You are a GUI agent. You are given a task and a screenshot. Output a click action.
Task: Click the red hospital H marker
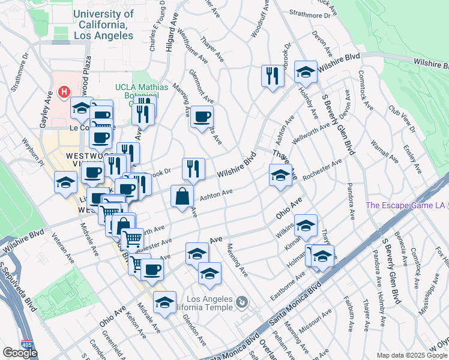click(64, 92)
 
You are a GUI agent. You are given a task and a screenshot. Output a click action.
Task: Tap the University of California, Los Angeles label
click(103, 25)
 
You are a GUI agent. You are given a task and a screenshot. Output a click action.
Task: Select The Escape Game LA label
click(406, 205)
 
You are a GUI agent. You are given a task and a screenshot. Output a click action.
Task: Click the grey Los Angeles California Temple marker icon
click(241, 302)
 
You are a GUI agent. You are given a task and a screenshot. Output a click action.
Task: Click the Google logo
click(20, 353)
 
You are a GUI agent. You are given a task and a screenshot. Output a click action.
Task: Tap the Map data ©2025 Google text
click(412, 355)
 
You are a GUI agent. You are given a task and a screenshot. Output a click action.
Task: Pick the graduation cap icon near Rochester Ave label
click(280, 175)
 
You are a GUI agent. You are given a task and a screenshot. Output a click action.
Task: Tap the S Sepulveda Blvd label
click(19, 287)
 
